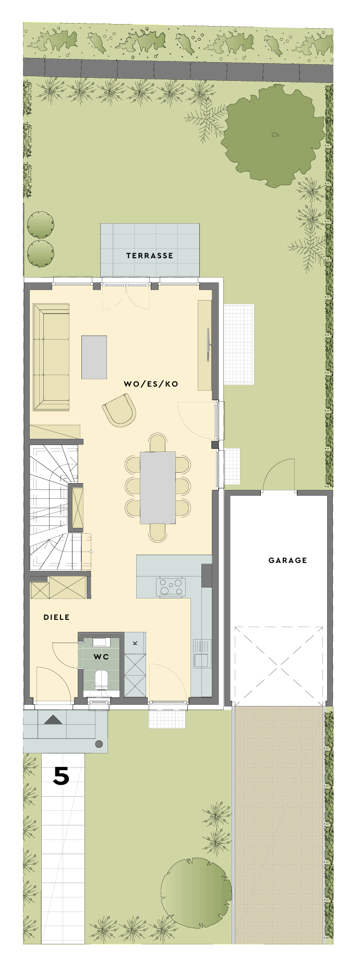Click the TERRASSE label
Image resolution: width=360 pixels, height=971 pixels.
(150, 256)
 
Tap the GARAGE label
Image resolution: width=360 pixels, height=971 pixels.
(287, 560)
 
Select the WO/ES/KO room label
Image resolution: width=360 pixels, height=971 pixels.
(151, 384)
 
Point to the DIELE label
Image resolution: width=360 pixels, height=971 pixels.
(56, 617)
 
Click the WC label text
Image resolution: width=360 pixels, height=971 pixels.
(101, 657)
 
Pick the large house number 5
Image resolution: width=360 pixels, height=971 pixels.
(61, 777)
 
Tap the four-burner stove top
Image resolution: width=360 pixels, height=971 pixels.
(171, 586)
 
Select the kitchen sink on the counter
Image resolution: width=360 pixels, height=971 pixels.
(201, 654)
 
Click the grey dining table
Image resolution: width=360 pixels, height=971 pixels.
(158, 487)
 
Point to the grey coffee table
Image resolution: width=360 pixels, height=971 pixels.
(94, 357)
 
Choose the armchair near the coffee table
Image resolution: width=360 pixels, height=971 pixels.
(119, 410)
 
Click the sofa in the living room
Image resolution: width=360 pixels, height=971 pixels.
(51, 357)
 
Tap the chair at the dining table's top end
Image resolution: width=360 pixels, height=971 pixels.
(158, 442)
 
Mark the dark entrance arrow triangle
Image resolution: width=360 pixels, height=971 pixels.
(53, 720)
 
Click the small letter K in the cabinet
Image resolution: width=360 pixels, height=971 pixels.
(135, 642)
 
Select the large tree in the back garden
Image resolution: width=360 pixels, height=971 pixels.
(272, 136)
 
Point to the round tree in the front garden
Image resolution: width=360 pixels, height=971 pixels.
(196, 886)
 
